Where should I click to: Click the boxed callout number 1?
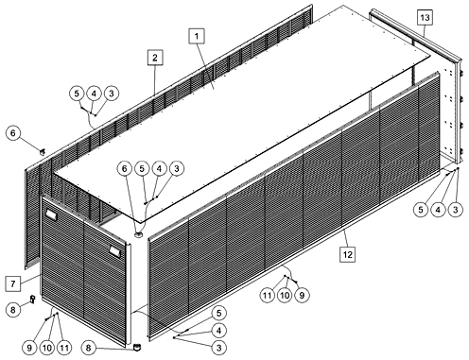coord(197,36)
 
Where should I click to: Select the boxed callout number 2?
coord(155,58)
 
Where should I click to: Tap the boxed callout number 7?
coord(13,283)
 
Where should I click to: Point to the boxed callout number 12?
coord(347,254)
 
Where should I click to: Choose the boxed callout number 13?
coord(425,17)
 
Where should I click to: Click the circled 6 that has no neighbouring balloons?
coord(13,133)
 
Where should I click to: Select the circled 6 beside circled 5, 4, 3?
coord(125,169)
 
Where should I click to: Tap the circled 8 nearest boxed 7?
coord(13,310)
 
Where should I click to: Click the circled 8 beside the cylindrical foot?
coord(89,348)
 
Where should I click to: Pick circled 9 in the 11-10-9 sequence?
coord(302,296)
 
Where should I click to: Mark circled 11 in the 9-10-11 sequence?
coord(64,348)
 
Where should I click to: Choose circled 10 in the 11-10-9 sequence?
coord(285,296)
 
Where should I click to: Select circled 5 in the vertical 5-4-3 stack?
coord(218,313)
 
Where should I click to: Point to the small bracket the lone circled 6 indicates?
coord(42,152)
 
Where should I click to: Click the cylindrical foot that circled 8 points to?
coord(136,347)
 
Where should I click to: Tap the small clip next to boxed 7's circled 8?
coord(32,299)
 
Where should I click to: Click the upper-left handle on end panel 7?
coord(51,214)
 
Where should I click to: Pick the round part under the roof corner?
coord(139,234)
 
